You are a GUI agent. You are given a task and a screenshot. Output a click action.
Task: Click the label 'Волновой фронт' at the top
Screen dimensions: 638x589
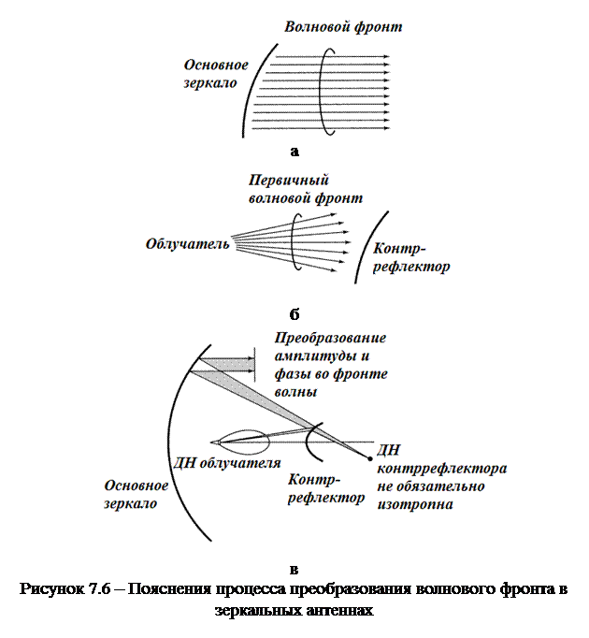343,27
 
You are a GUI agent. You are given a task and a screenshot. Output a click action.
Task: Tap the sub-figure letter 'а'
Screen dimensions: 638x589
294,150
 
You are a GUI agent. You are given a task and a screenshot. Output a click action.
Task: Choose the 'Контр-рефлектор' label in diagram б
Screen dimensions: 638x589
410,258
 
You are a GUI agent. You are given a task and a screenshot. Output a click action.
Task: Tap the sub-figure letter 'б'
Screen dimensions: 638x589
294,312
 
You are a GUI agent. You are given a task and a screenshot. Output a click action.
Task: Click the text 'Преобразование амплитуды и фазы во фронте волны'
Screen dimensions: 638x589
331,365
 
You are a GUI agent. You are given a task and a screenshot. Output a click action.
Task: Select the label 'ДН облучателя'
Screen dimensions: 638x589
228,463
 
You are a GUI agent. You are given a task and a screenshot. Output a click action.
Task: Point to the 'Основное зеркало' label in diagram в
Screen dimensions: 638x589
136,494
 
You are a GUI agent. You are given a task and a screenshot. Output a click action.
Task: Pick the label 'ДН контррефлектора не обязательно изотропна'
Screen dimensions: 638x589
440,477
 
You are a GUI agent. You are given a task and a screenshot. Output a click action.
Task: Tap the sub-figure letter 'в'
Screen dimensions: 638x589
294,568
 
